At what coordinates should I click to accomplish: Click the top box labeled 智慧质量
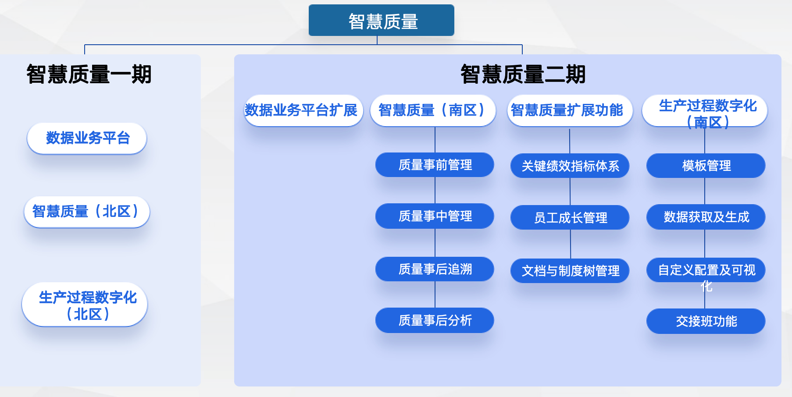click(381, 21)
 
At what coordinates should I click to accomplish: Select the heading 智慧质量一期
click(89, 74)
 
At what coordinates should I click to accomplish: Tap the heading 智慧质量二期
click(523, 74)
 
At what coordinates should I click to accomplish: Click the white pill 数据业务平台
click(87, 138)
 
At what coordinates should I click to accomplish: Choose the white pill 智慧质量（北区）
click(87, 212)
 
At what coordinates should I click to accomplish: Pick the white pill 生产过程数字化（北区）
click(85, 305)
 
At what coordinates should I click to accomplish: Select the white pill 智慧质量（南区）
click(433, 110)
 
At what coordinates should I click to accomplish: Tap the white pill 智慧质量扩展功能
click(569, 110)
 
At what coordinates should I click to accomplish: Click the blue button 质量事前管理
click(435, 165)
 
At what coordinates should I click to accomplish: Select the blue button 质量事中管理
click(435, 216)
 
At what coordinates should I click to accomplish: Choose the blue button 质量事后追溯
click(435, 269)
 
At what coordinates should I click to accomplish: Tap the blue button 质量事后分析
click(435, 320)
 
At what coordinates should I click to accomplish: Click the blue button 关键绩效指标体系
click(570, 166)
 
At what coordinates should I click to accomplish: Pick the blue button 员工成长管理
click(570, 217)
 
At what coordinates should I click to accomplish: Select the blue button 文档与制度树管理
click(570, 271)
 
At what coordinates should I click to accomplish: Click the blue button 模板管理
click(706, 166)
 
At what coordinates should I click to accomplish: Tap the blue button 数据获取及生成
click(706, 217)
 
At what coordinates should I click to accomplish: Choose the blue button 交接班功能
click(706, 321)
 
